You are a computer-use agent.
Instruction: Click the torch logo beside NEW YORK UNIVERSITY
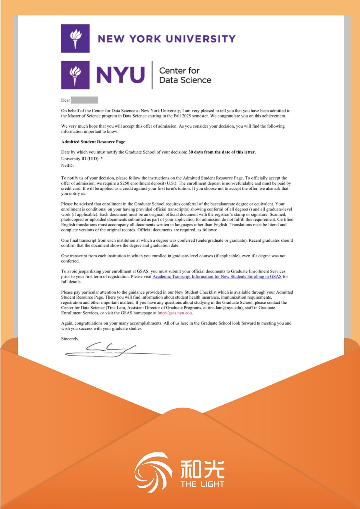coord(75,38)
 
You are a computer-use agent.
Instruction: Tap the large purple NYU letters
coord(121,75)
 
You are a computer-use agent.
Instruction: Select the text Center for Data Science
coord(185,75)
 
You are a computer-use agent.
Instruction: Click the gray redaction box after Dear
coord(84,100)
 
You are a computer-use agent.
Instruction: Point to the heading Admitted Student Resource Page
coord(93,142)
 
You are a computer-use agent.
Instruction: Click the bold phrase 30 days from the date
coord(222,152)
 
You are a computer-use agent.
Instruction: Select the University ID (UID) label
coord(80,159)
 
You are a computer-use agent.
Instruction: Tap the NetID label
coord(67,165)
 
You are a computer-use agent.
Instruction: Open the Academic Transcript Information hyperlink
coord(217,276)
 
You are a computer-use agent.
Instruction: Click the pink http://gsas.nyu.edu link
coord(175,313)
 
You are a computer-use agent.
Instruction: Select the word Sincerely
coord(70,339)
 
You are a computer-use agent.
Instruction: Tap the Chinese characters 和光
coord(202,469)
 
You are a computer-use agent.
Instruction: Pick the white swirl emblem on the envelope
coord(153,472)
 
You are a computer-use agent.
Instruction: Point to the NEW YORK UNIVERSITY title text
coord(167,39)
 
